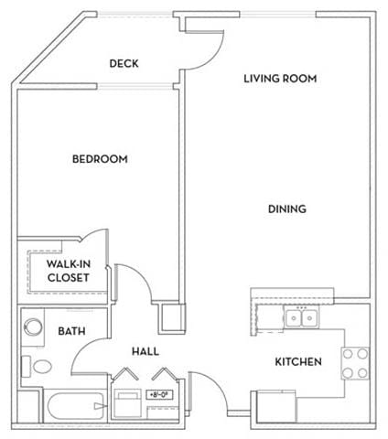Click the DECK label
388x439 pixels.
coord(124,63)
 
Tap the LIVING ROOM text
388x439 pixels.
coord(280,79)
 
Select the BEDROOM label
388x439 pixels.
coord(100,159)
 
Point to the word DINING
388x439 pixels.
coord(286,209)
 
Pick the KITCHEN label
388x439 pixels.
coord(298,362)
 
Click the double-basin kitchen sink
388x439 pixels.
coord(300,318)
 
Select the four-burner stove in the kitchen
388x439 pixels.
coord(356,363)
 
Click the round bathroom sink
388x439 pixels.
coord(34,327)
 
